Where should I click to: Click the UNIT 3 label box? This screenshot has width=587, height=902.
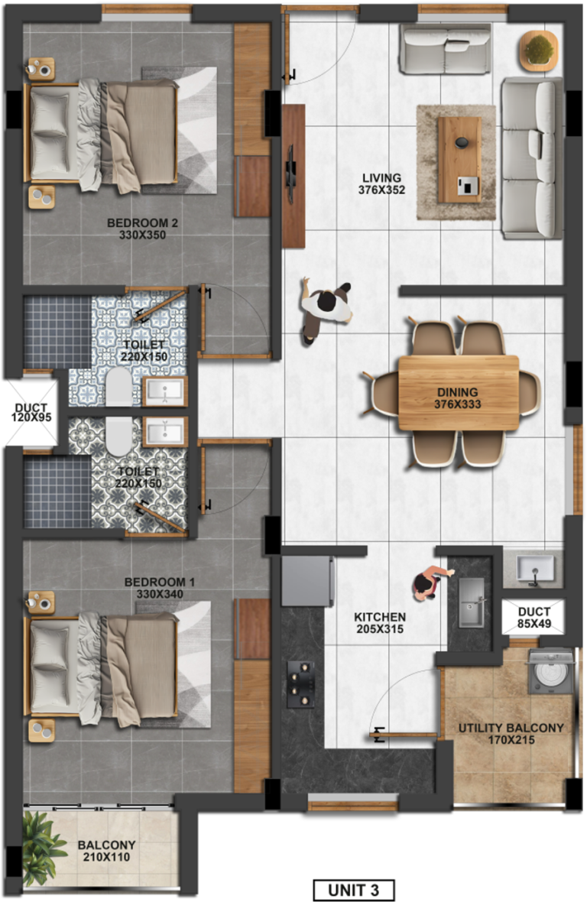point(354,890)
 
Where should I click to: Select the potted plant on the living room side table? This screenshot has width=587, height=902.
point(540,50)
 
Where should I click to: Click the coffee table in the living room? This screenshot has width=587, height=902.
point(459,159)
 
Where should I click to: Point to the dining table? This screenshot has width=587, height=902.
point(459,392)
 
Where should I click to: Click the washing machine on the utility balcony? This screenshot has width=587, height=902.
point(551,670)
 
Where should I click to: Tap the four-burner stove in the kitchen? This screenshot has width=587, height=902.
point(300,684)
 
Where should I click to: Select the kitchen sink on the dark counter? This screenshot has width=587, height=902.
point(471,602)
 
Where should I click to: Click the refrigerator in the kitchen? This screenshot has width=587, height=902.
point(307,580)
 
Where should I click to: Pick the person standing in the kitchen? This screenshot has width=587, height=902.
point(430,583)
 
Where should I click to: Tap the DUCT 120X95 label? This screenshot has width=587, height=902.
point(31,413)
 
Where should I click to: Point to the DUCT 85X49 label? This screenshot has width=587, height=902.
point(534,617)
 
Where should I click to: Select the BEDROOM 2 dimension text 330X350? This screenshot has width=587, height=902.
point(143,235)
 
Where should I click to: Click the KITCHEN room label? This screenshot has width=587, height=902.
point(380,617)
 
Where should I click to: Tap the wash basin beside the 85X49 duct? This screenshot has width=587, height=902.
point(535,569)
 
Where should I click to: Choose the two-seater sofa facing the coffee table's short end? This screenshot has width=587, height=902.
point(445,49)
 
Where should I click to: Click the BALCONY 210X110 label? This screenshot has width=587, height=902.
point(106,851)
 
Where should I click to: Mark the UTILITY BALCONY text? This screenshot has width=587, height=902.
point(511,728)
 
